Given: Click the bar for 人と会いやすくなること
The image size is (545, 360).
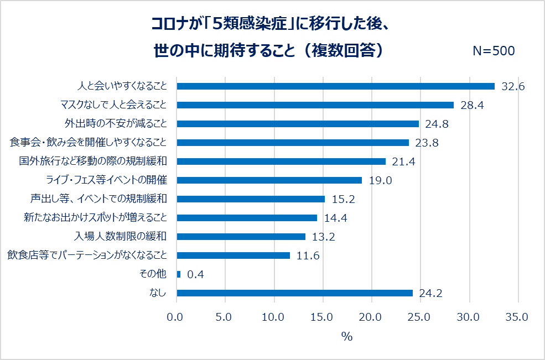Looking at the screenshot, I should click(335, 86).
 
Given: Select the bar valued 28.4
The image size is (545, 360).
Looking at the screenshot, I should click(315, 105).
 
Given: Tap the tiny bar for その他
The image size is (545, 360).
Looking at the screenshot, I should click(178, 274).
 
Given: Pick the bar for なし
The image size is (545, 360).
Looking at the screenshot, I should click(294, 293).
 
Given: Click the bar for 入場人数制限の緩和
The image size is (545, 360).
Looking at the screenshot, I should click(241, 237).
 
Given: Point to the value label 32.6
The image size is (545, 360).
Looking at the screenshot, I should click(512, 87).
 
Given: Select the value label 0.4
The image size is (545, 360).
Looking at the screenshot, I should click(195, 275).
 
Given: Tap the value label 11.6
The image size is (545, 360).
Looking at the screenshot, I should click(308, 256).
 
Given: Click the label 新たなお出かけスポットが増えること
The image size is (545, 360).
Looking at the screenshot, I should click(95, 217).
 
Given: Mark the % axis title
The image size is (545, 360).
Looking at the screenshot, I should click(347, 337).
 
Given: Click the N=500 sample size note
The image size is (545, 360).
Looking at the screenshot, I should click(494, 51).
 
